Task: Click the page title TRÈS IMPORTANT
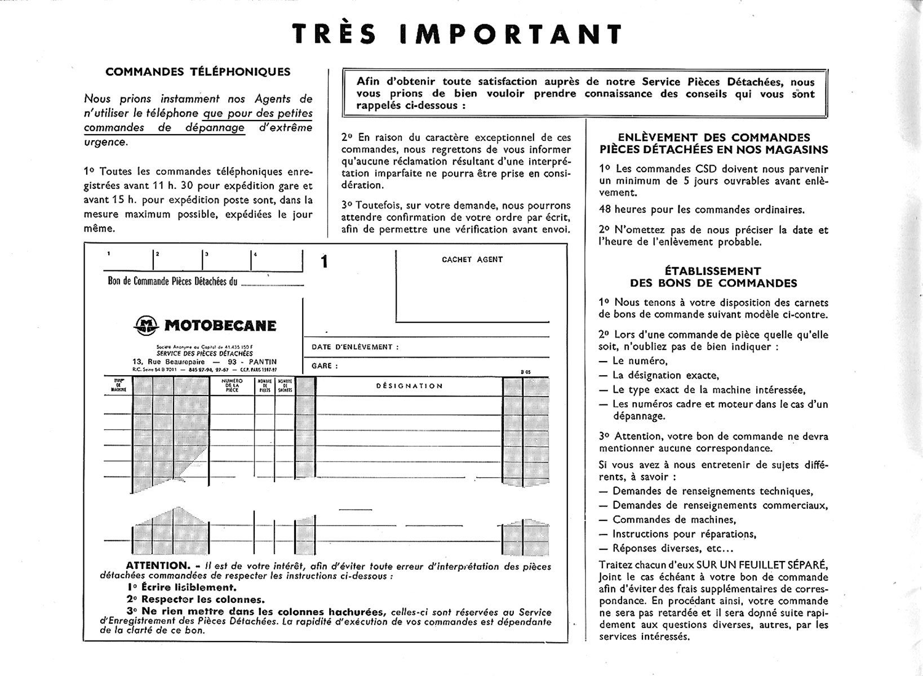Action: [x=457, y=34]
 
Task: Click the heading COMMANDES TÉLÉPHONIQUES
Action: [x=198, y=72]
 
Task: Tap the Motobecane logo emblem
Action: [x=147, y=324]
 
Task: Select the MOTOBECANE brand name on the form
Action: [x=220, y=326]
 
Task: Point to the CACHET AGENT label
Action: [x=472, y=260]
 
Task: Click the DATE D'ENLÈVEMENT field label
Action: [x=355, y=347]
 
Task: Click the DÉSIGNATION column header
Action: [x=409, y=386]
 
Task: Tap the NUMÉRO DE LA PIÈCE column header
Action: [x=233, y=386]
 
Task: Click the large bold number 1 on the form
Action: [x=324, y=261]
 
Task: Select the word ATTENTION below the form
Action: [x=158, y=566]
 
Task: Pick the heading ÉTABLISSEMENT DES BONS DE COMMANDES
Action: [x=713, y=277]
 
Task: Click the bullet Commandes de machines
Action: [x=674, y=519]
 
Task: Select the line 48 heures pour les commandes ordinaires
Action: [x=702, y=210]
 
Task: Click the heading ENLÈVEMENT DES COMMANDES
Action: [x=714, y=137]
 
